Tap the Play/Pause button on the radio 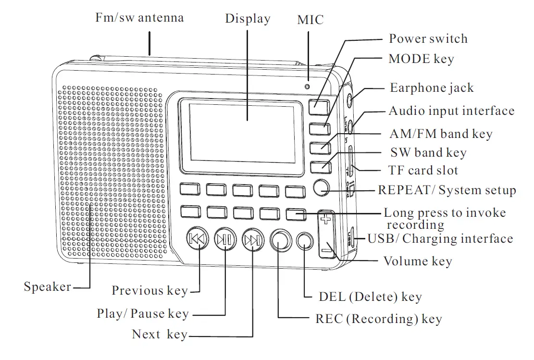pos(224,239)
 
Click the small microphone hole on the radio pos(307,87)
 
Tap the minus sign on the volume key pos(326,249)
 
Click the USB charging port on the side pos(353,237)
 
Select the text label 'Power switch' pos(428,38)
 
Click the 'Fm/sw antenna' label pos(139,18)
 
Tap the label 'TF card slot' pos(423,170)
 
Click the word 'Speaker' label pos(48,287)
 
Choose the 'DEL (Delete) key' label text pos(370,297)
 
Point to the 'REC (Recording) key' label pos(378,319)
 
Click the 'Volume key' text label pos(418,261)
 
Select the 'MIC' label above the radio pos(310,20)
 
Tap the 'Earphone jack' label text pos(432,88)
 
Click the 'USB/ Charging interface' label pos(440,239)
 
